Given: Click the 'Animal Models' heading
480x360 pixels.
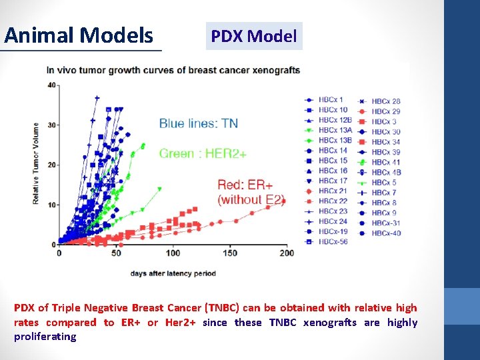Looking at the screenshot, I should coord(79,35).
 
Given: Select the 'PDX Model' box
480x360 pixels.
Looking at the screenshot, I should coord(254,37).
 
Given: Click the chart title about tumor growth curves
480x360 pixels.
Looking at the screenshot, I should coord(173,71).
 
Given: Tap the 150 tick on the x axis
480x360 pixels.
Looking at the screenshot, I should coord(229,253).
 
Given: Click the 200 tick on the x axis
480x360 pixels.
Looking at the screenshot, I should coord(286,253).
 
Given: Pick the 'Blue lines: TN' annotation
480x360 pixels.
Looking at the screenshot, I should coord(198,123).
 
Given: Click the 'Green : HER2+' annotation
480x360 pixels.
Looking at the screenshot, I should coord(203,154).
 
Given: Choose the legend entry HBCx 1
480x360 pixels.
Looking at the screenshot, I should coord(330,100).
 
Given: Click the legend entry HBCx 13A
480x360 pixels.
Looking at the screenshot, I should coord(334,131).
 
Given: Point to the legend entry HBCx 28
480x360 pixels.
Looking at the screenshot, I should coord(385,101).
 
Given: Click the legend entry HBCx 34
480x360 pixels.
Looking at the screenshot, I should coord(385,142).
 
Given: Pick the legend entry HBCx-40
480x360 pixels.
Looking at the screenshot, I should coord(385,233).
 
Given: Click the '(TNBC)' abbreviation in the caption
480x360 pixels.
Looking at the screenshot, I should coord(224,308).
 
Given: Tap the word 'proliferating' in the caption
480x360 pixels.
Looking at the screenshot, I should coord(45,337).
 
